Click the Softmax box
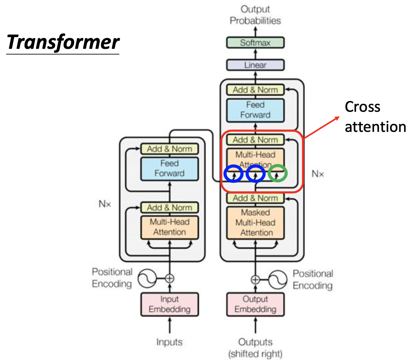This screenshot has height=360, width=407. point(255,43)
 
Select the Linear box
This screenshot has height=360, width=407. point(255,65)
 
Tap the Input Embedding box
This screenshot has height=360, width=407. point(170,304)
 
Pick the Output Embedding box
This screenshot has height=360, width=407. point(255,304)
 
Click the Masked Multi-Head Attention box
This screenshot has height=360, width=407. point(255,223)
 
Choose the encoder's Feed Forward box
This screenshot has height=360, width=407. point(170,168)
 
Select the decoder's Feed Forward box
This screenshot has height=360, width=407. point(255,110)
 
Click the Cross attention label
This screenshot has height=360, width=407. point(374,117)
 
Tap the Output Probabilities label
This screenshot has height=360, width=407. point(255,15)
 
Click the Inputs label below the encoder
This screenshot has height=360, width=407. point(170,342)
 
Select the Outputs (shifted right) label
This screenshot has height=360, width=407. point(255,348)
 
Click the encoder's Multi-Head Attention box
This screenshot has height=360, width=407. point(170,227)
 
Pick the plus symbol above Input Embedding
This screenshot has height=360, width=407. point(170,278)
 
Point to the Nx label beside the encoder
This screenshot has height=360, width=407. point(105,204)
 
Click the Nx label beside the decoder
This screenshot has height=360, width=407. point(318,173)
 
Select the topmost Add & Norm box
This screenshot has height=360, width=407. point(255,90)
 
